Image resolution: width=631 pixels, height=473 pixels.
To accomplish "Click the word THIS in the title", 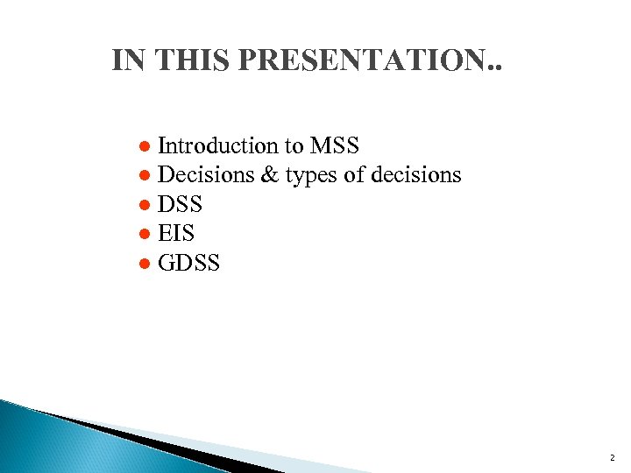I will tap(187, 60).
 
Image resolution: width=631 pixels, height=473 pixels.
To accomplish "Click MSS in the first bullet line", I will tap(334, 145).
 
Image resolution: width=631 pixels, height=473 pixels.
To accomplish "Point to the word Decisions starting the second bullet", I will tap(206, 175).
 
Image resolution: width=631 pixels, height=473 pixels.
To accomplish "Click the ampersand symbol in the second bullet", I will tap(269, 175).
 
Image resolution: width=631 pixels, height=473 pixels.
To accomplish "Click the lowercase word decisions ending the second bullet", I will tap(415, 175).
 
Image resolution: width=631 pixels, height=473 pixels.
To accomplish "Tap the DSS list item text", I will tap(181, 204).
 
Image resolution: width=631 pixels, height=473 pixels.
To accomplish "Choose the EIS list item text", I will tap(176, 233).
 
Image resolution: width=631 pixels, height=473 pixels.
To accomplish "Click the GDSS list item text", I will tap(189, 262).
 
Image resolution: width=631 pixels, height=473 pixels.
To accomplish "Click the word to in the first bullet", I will tap(291, 145).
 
